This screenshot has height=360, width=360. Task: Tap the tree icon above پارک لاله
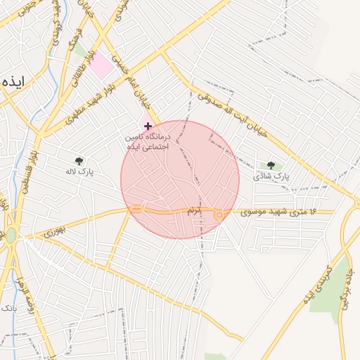click(x=79, y=161)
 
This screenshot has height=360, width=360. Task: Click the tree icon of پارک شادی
click(x=271, y=165)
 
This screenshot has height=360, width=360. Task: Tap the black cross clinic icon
click(x=148, y=125)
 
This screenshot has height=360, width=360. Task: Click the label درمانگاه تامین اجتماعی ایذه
click(x=148, y=141)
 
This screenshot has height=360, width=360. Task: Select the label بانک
click(x=8, y=308)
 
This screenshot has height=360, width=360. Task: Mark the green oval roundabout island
click(x=11, y=235)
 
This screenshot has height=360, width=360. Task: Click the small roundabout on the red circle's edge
click(x=219, y=214)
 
